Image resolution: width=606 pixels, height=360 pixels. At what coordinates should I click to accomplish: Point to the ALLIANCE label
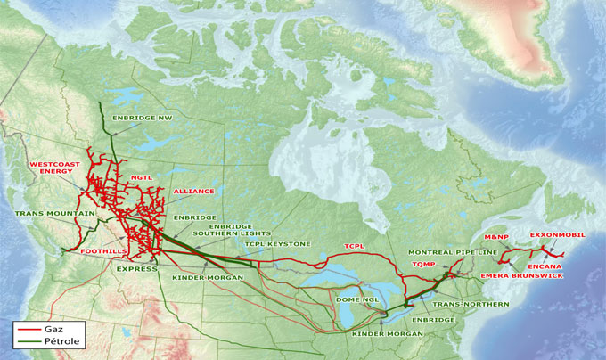coord(193,192)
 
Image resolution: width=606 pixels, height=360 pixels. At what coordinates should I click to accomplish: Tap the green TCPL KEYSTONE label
coord(277,243)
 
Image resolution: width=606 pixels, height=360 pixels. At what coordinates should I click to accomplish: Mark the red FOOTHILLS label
coord(104,252)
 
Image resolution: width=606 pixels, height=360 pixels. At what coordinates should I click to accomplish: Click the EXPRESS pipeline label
coord(136,267)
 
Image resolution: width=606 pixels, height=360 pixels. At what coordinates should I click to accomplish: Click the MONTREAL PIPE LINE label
coord(453,253)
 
